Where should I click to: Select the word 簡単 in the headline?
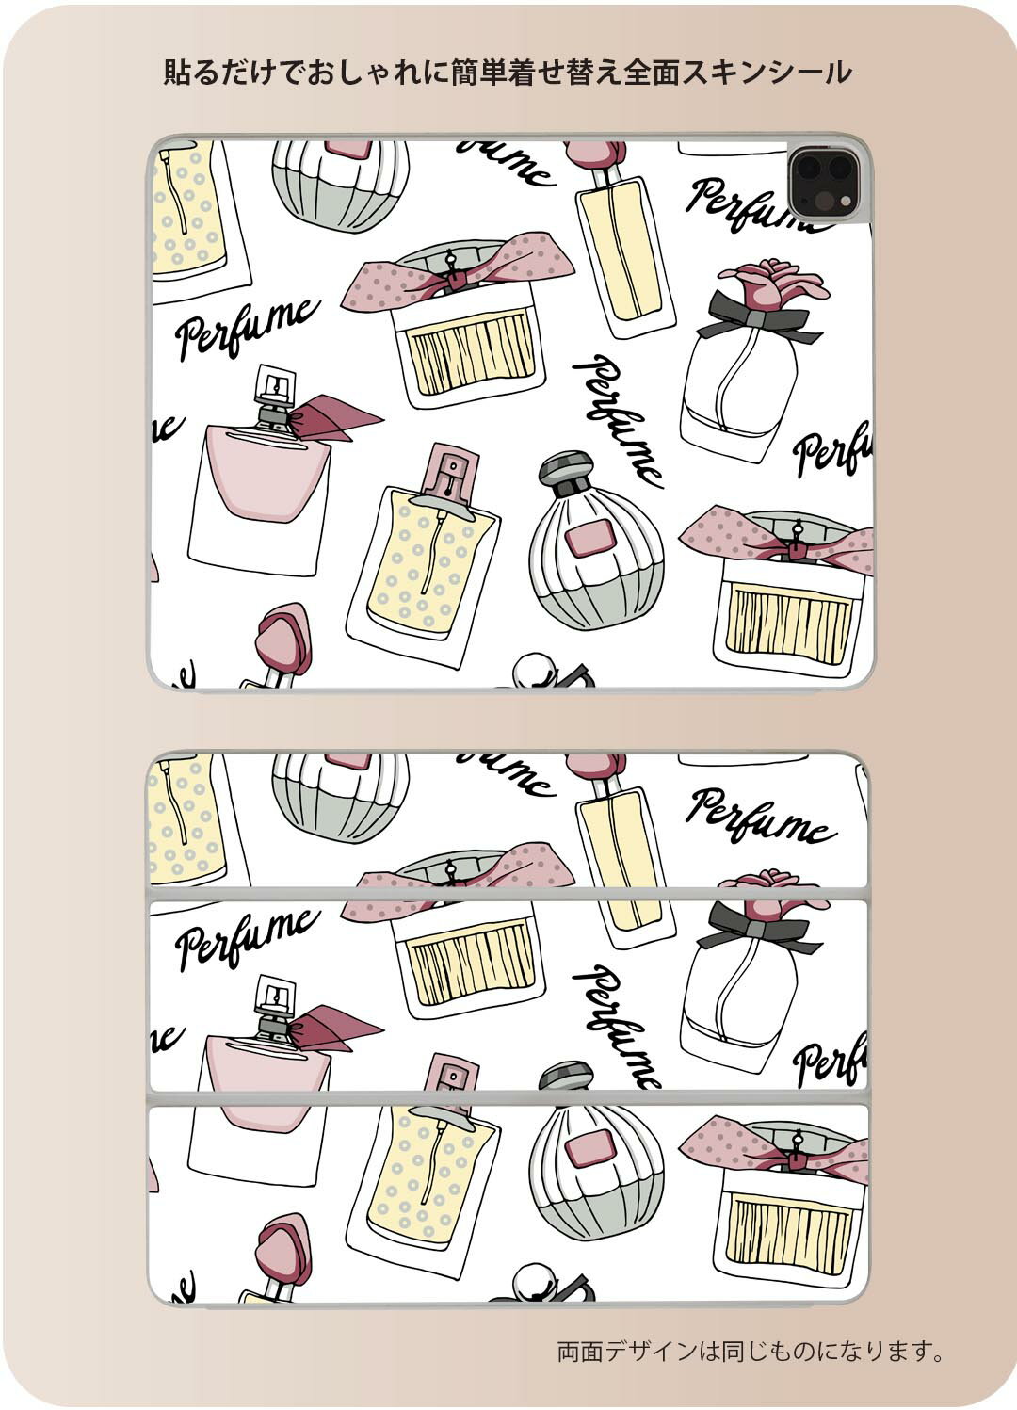479,73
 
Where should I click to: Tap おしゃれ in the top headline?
364,73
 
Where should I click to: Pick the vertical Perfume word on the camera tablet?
618,421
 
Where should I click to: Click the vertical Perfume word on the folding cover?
618,1032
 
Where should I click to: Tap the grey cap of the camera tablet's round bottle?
565,470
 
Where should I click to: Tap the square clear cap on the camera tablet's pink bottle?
276,388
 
